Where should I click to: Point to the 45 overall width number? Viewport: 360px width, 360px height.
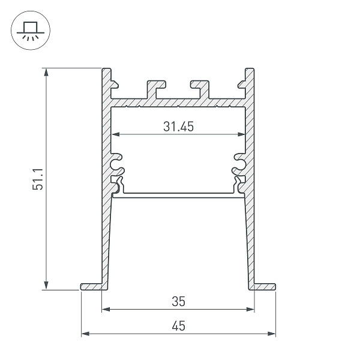[x=178, y=326]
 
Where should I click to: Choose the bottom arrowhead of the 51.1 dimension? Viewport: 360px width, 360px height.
[x=47, y=286]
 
